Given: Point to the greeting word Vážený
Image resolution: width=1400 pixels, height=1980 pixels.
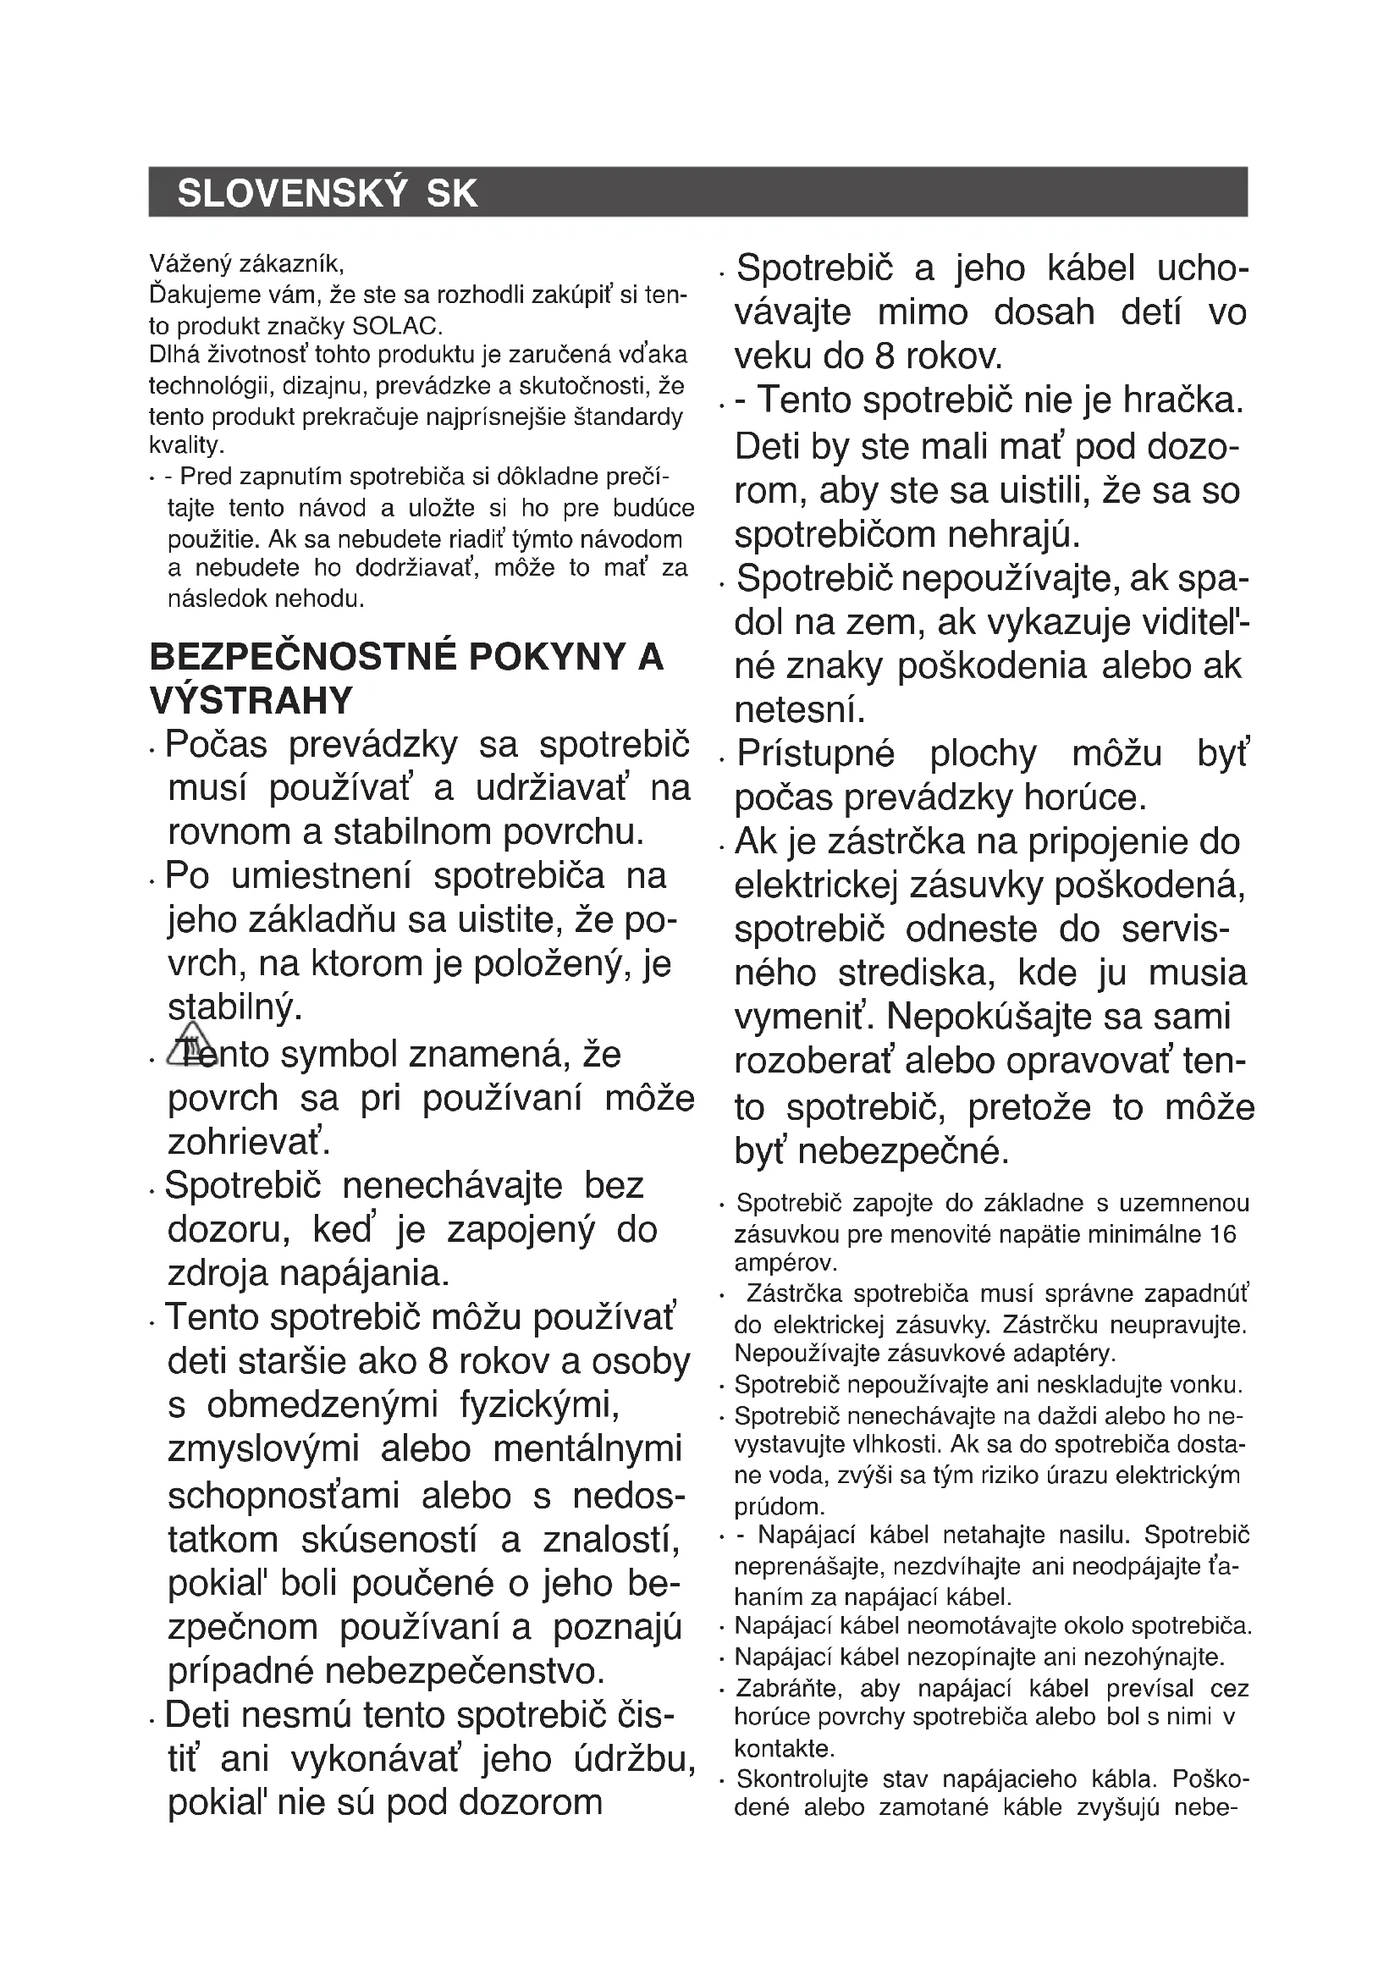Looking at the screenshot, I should click(190, 262).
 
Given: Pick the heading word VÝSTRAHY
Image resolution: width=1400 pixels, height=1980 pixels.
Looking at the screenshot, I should click(251, 700).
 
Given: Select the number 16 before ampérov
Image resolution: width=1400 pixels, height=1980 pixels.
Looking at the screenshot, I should click(1222, 1234).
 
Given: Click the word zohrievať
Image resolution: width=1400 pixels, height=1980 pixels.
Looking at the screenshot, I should click(249, 1143).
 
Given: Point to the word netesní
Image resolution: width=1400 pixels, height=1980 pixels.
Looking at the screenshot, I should click(799, 710).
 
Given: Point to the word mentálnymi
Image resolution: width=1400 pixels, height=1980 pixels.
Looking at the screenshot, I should click(588, 1448).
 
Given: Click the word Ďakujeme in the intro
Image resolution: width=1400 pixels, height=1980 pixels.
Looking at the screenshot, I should click(204, 295).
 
